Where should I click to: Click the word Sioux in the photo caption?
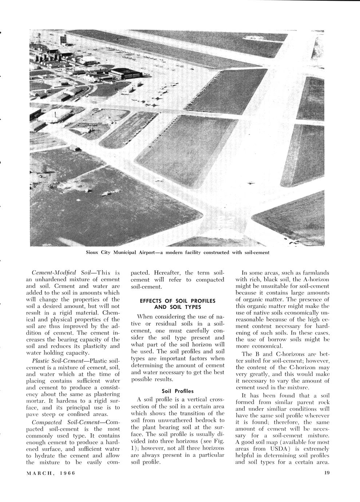click(x=93, y=252)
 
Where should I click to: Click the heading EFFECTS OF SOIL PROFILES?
click(x=178, y=301)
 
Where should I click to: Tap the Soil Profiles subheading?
click(x=178, y=391)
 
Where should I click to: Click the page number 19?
click(x=326, y=473)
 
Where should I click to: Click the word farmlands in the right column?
click(x=315, y=272)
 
